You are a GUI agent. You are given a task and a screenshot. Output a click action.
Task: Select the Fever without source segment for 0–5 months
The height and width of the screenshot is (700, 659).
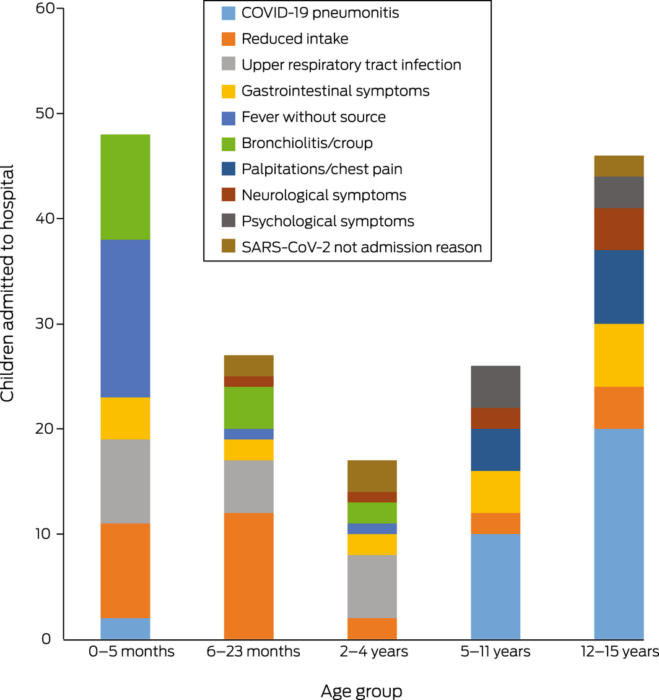pyautogui.click(x=125, y=318)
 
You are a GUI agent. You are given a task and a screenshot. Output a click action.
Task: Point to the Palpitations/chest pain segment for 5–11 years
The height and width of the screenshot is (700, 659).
pyautogui.click(x=495, y=450)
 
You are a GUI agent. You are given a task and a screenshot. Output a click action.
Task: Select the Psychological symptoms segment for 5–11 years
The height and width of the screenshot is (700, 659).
pyautogui.click(x=495, y=387)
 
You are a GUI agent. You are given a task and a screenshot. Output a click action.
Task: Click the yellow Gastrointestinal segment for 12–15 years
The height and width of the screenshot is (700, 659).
pyautogui.click(x=619, y=355)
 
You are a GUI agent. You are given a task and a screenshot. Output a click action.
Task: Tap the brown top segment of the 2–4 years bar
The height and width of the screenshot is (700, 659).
pyautogui.click(x=372, y=476)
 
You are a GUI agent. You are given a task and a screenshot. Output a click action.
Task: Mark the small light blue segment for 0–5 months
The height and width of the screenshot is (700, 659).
pyautogui.click(x=125, y=628)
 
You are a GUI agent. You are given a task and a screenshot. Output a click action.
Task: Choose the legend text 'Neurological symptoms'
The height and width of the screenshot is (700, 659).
pyautogui.click(x=324, y=195)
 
